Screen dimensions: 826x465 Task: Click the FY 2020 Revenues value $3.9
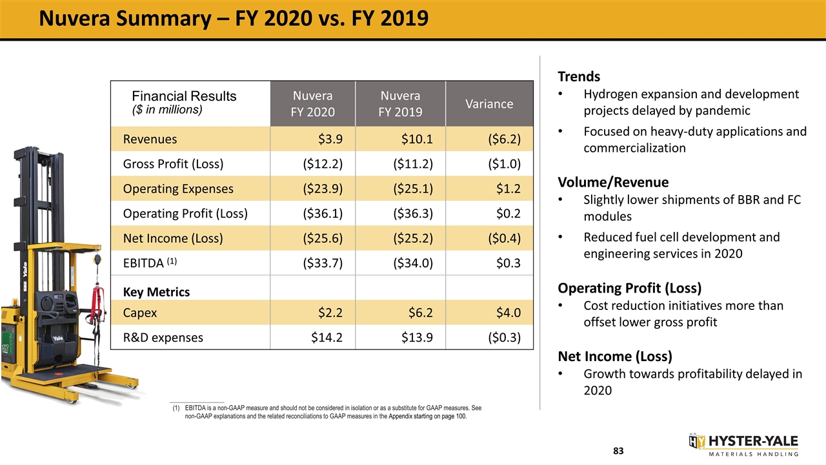[x=330, y=139]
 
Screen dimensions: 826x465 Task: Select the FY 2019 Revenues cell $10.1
[x=417, y=139]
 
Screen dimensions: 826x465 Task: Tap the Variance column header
[x=489, y=104]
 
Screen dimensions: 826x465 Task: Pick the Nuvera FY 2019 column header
[x=400, y=104]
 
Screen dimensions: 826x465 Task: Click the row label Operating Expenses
[x=178, y=189]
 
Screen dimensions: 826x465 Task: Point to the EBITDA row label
[x=150, y=263]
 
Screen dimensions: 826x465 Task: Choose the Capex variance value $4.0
[x=508, y=313]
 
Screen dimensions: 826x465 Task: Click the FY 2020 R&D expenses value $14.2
[x=327, y=337]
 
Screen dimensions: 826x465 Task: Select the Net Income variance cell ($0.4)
[x=504, y=238]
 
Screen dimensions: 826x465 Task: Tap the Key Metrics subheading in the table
[x=156, y=292]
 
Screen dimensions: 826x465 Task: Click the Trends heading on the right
[x=579, y=76]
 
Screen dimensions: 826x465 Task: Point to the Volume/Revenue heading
[x=613, y=182]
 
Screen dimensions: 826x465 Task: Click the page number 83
[x=618, y=451]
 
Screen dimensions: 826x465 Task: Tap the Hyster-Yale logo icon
[x=696, y=441]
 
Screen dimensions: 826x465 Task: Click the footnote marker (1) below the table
[x=176, y=408]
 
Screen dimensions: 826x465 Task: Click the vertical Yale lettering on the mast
[x=25, y=269]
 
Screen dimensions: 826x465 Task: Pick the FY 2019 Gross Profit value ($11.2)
[x=412, y=164]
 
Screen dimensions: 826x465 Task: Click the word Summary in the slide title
[x=164, y=19]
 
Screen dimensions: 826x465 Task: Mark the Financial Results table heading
[x=184, y=96]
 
